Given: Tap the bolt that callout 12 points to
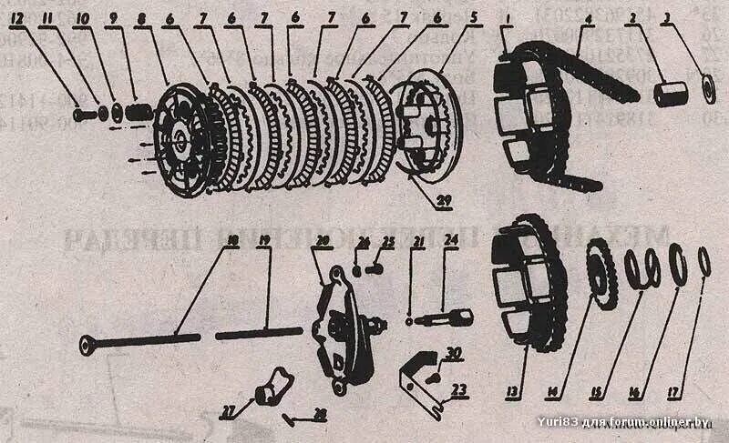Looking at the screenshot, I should (x=82, y=116).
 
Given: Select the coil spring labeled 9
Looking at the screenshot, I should (x=137, y=113).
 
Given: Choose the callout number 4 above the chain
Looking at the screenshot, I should (x=590, y=16).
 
